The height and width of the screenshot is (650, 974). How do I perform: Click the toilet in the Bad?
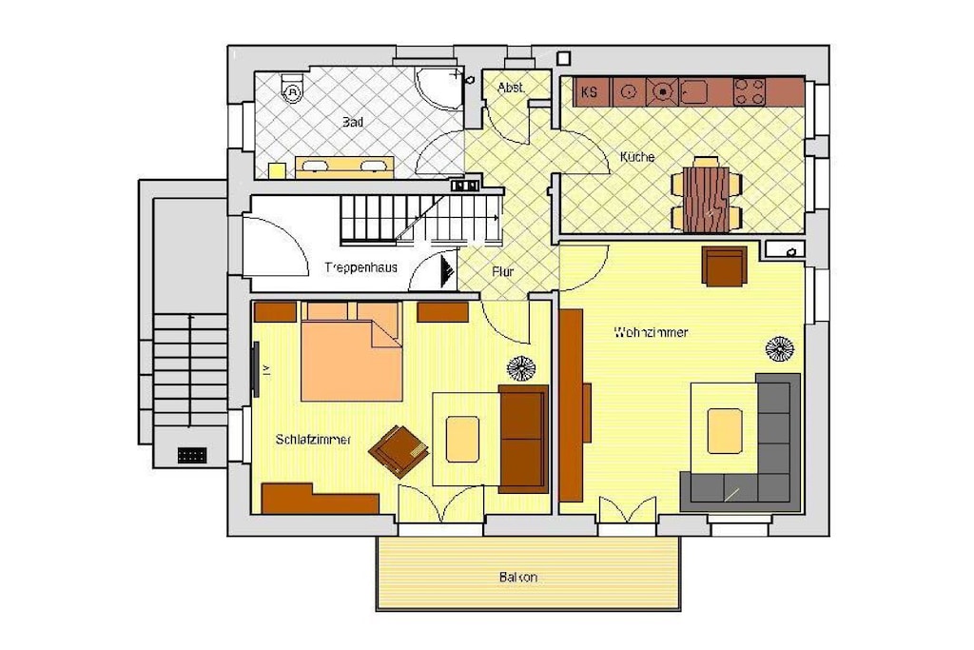(291, 89)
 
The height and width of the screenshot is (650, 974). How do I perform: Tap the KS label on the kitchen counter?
(589, 92)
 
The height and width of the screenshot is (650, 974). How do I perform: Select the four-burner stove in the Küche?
(750, 91)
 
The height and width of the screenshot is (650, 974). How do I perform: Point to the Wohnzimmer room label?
(651, 332)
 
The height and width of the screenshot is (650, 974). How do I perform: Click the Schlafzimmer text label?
(313, 440)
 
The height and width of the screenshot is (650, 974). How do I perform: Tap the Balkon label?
(518, 578)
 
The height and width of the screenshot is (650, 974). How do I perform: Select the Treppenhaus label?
(360, 267)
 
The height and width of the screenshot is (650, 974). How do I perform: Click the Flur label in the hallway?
(502, 271)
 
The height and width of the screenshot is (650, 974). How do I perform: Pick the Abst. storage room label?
(511, 88)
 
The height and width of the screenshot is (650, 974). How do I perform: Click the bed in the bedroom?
(352, 352)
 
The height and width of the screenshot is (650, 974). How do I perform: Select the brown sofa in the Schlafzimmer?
(524, 439)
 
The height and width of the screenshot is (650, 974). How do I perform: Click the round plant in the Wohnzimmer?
(780, 348)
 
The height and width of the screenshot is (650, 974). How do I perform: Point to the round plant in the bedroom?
(521, 368)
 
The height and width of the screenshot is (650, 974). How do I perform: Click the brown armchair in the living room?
(724, 266)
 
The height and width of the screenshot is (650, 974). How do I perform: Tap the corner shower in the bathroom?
(439, 89)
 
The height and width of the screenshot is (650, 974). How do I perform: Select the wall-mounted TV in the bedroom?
(255, 370)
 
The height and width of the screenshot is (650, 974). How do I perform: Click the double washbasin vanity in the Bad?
(344, 167)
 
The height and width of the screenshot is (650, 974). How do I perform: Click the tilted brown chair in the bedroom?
(399, 450)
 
